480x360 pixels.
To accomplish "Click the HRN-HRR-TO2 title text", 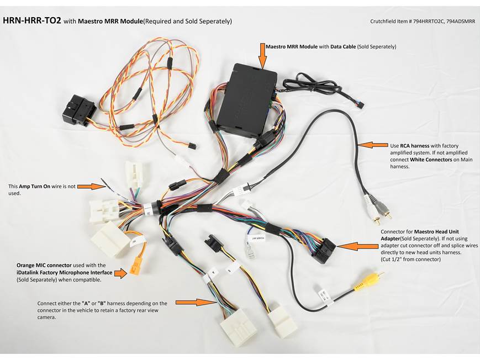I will (x=31, y=21).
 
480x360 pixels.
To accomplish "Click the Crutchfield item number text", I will (x=422, y=22).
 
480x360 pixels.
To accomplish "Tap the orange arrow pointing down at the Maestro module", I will (x=262, y=56).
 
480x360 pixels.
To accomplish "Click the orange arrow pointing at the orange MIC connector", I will (x=120, y=273).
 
